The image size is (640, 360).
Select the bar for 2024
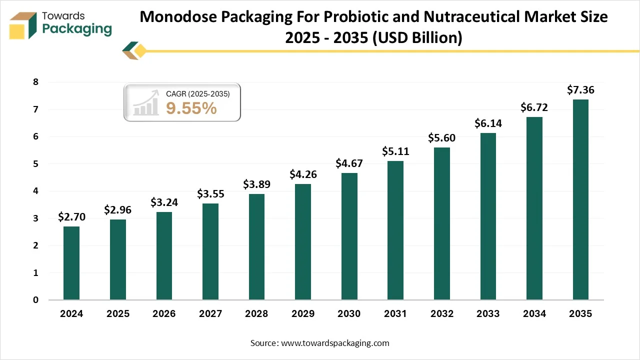pyautogui.click(x=71, y=263)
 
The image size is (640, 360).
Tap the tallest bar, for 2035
pyautogui.click(x=580, y=199)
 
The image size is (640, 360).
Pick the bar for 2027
pyautogui.click(x=210, y=251)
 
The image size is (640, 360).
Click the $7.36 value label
pyautogui.click(x=580, y=90)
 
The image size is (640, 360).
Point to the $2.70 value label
pyautogui.click(x=71, y=217)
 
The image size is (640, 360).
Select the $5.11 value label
pyautogui.click(x=395, y=151)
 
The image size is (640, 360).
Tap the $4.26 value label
pyautogui.click(x=303, y=174)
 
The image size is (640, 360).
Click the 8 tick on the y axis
pyautogui.click(x=36, y=82)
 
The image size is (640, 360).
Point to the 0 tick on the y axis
pyautogui.click(x=36, y=300)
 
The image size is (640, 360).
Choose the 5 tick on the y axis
pyautogui.click(x=36, y=164)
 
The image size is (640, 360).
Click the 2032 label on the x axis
pyautogui.click(x=441, y=314)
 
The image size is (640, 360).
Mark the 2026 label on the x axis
pyautogui.click(x=164, y=314)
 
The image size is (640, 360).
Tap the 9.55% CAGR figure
pyautogui.click(x=191, y=108)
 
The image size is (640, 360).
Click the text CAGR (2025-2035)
pyautogui.click(x=197, y=93)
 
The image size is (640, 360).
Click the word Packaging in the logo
pyautogui.click(x=77, y=29)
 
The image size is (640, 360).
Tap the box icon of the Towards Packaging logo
pyautogui.click(x=23, y=25)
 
